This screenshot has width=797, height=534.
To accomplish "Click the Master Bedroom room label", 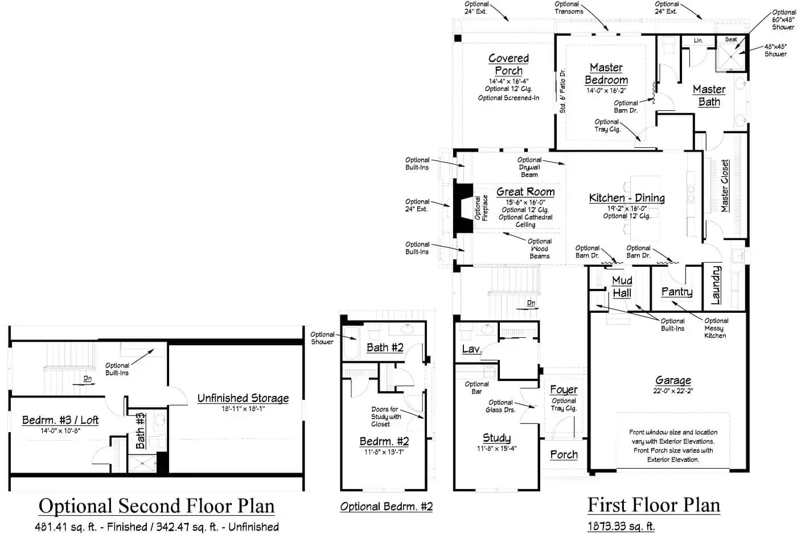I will [x=606, y=74].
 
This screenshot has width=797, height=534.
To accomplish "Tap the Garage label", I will [x=673, y=380].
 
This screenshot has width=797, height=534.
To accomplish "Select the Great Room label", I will [x=525, y=192].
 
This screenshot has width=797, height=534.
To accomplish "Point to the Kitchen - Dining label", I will [x=627, y=198].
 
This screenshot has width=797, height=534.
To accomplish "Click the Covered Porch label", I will [x=508, y=64].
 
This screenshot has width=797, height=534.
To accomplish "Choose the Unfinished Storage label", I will [x=243, y=398].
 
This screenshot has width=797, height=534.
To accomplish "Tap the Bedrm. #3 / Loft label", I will [x=60, y=420].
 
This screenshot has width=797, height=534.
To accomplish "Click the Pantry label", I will [x=677, y=291].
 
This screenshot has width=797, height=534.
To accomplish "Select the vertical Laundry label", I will [x=716, y=285].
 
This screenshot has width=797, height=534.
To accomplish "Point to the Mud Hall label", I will [x=622, y=287].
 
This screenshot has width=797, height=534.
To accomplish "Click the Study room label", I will [x=496, y=438].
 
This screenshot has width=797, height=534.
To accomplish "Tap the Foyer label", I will [x=564, y=390].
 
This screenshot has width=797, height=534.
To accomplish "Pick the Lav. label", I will [x=471, y=349].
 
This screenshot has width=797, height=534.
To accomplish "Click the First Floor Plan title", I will [x=654, y=504].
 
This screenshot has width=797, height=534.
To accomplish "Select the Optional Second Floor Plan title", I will [x=157, y=506].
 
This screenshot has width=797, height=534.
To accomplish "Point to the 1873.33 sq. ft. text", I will [x=621, y=526].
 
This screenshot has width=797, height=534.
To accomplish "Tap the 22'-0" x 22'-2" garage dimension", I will [x=673, y=391].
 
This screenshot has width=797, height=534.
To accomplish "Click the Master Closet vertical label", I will [x=725, y=185].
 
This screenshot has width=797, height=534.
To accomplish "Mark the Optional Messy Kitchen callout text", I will [x=716, y=328].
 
